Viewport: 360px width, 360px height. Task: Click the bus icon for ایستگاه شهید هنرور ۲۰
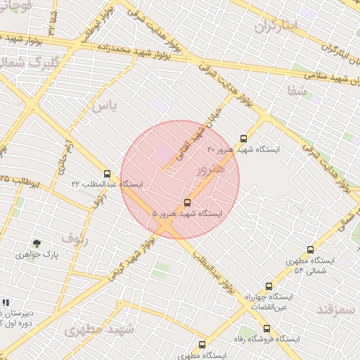point(244,139)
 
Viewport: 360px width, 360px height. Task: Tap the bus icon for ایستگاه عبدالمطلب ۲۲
point(107,173)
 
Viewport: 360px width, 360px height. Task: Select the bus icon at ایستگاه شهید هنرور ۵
point(186,202)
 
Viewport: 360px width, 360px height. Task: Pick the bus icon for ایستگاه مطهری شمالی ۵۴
point(311,250)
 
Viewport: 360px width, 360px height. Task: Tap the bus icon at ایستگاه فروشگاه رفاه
point(266,328)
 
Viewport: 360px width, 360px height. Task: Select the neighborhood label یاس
point(103,105)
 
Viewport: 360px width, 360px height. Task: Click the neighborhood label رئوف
point(75,237)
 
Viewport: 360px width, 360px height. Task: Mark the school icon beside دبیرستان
point(6,302)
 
